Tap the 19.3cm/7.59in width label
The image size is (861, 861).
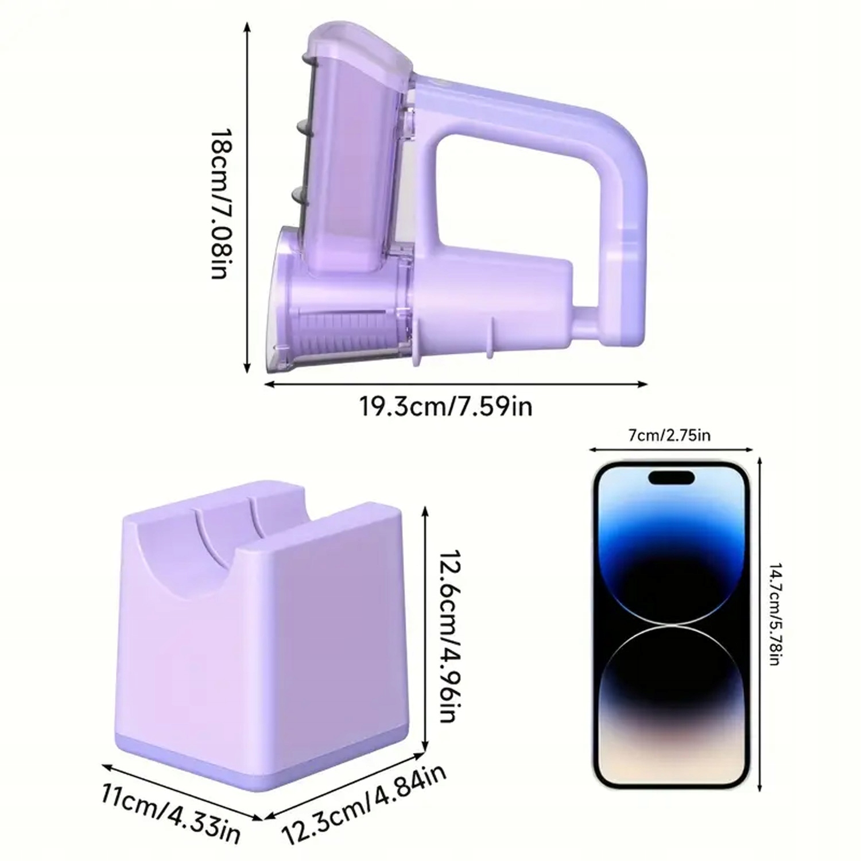446,406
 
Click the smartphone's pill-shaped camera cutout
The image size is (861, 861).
670,477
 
